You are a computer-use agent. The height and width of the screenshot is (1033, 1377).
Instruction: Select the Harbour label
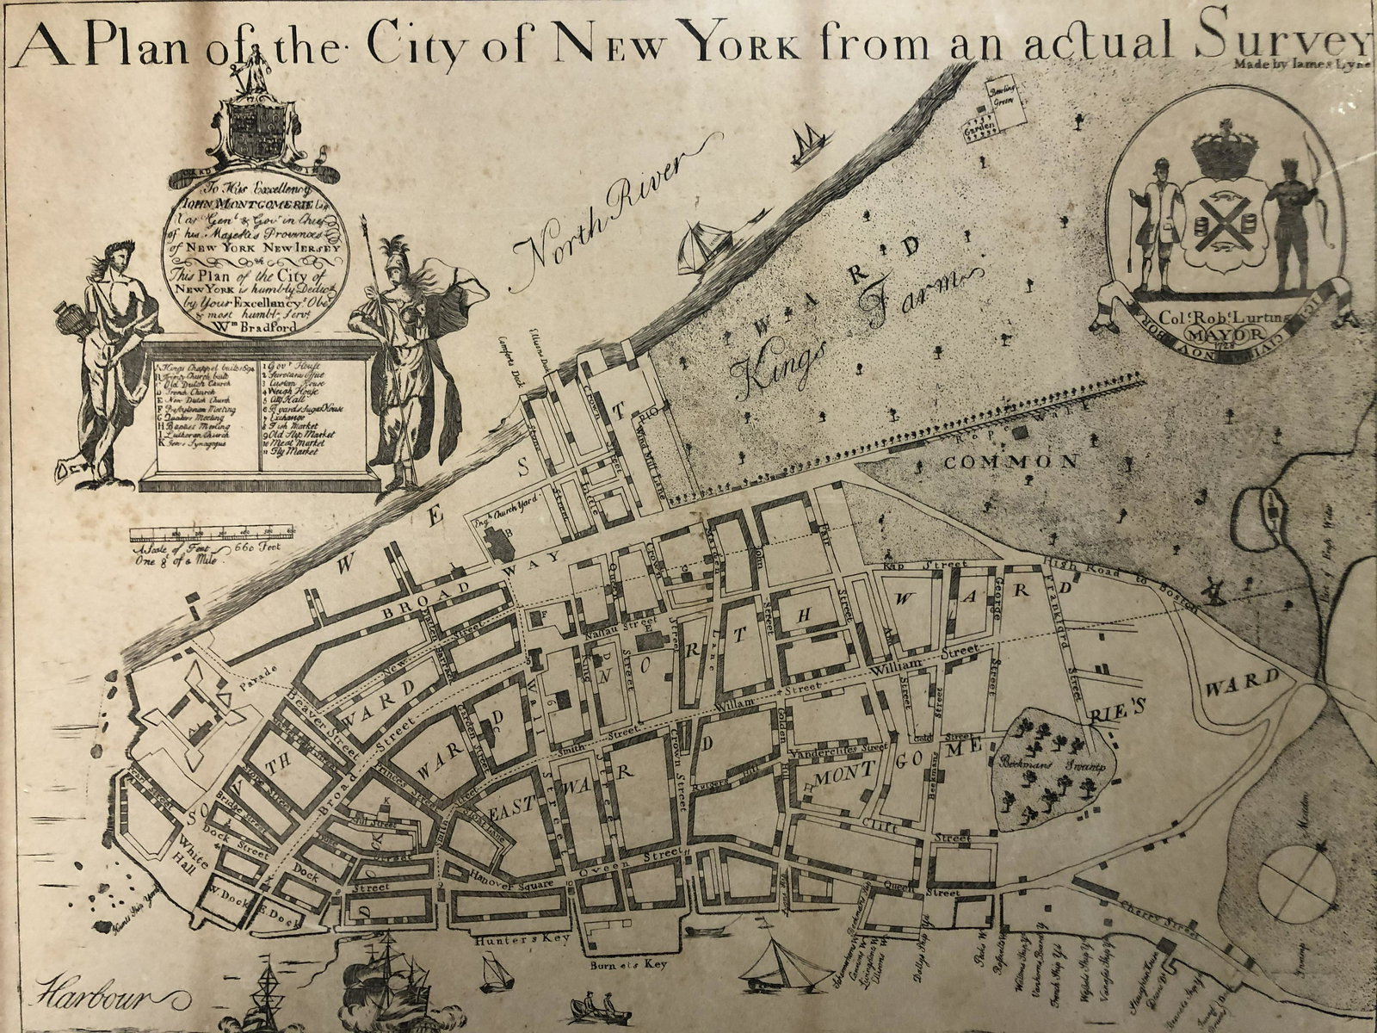click(x=90, y=999)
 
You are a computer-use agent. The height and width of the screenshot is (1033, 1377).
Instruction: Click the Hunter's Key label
click(x=523, y=941)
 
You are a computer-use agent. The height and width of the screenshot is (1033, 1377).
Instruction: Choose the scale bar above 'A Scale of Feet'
click(x=210, y=534)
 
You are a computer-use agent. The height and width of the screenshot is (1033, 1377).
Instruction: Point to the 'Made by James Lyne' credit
click(x=1299, y=62)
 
